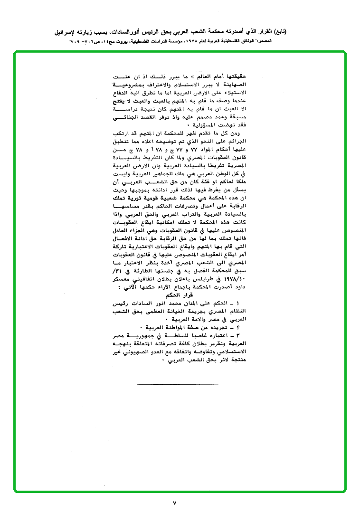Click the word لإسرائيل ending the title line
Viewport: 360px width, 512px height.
tap(66, 32)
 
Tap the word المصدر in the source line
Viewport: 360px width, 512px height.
tap(279, 41)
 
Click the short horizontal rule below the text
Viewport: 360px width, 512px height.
tap(177, 382)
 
